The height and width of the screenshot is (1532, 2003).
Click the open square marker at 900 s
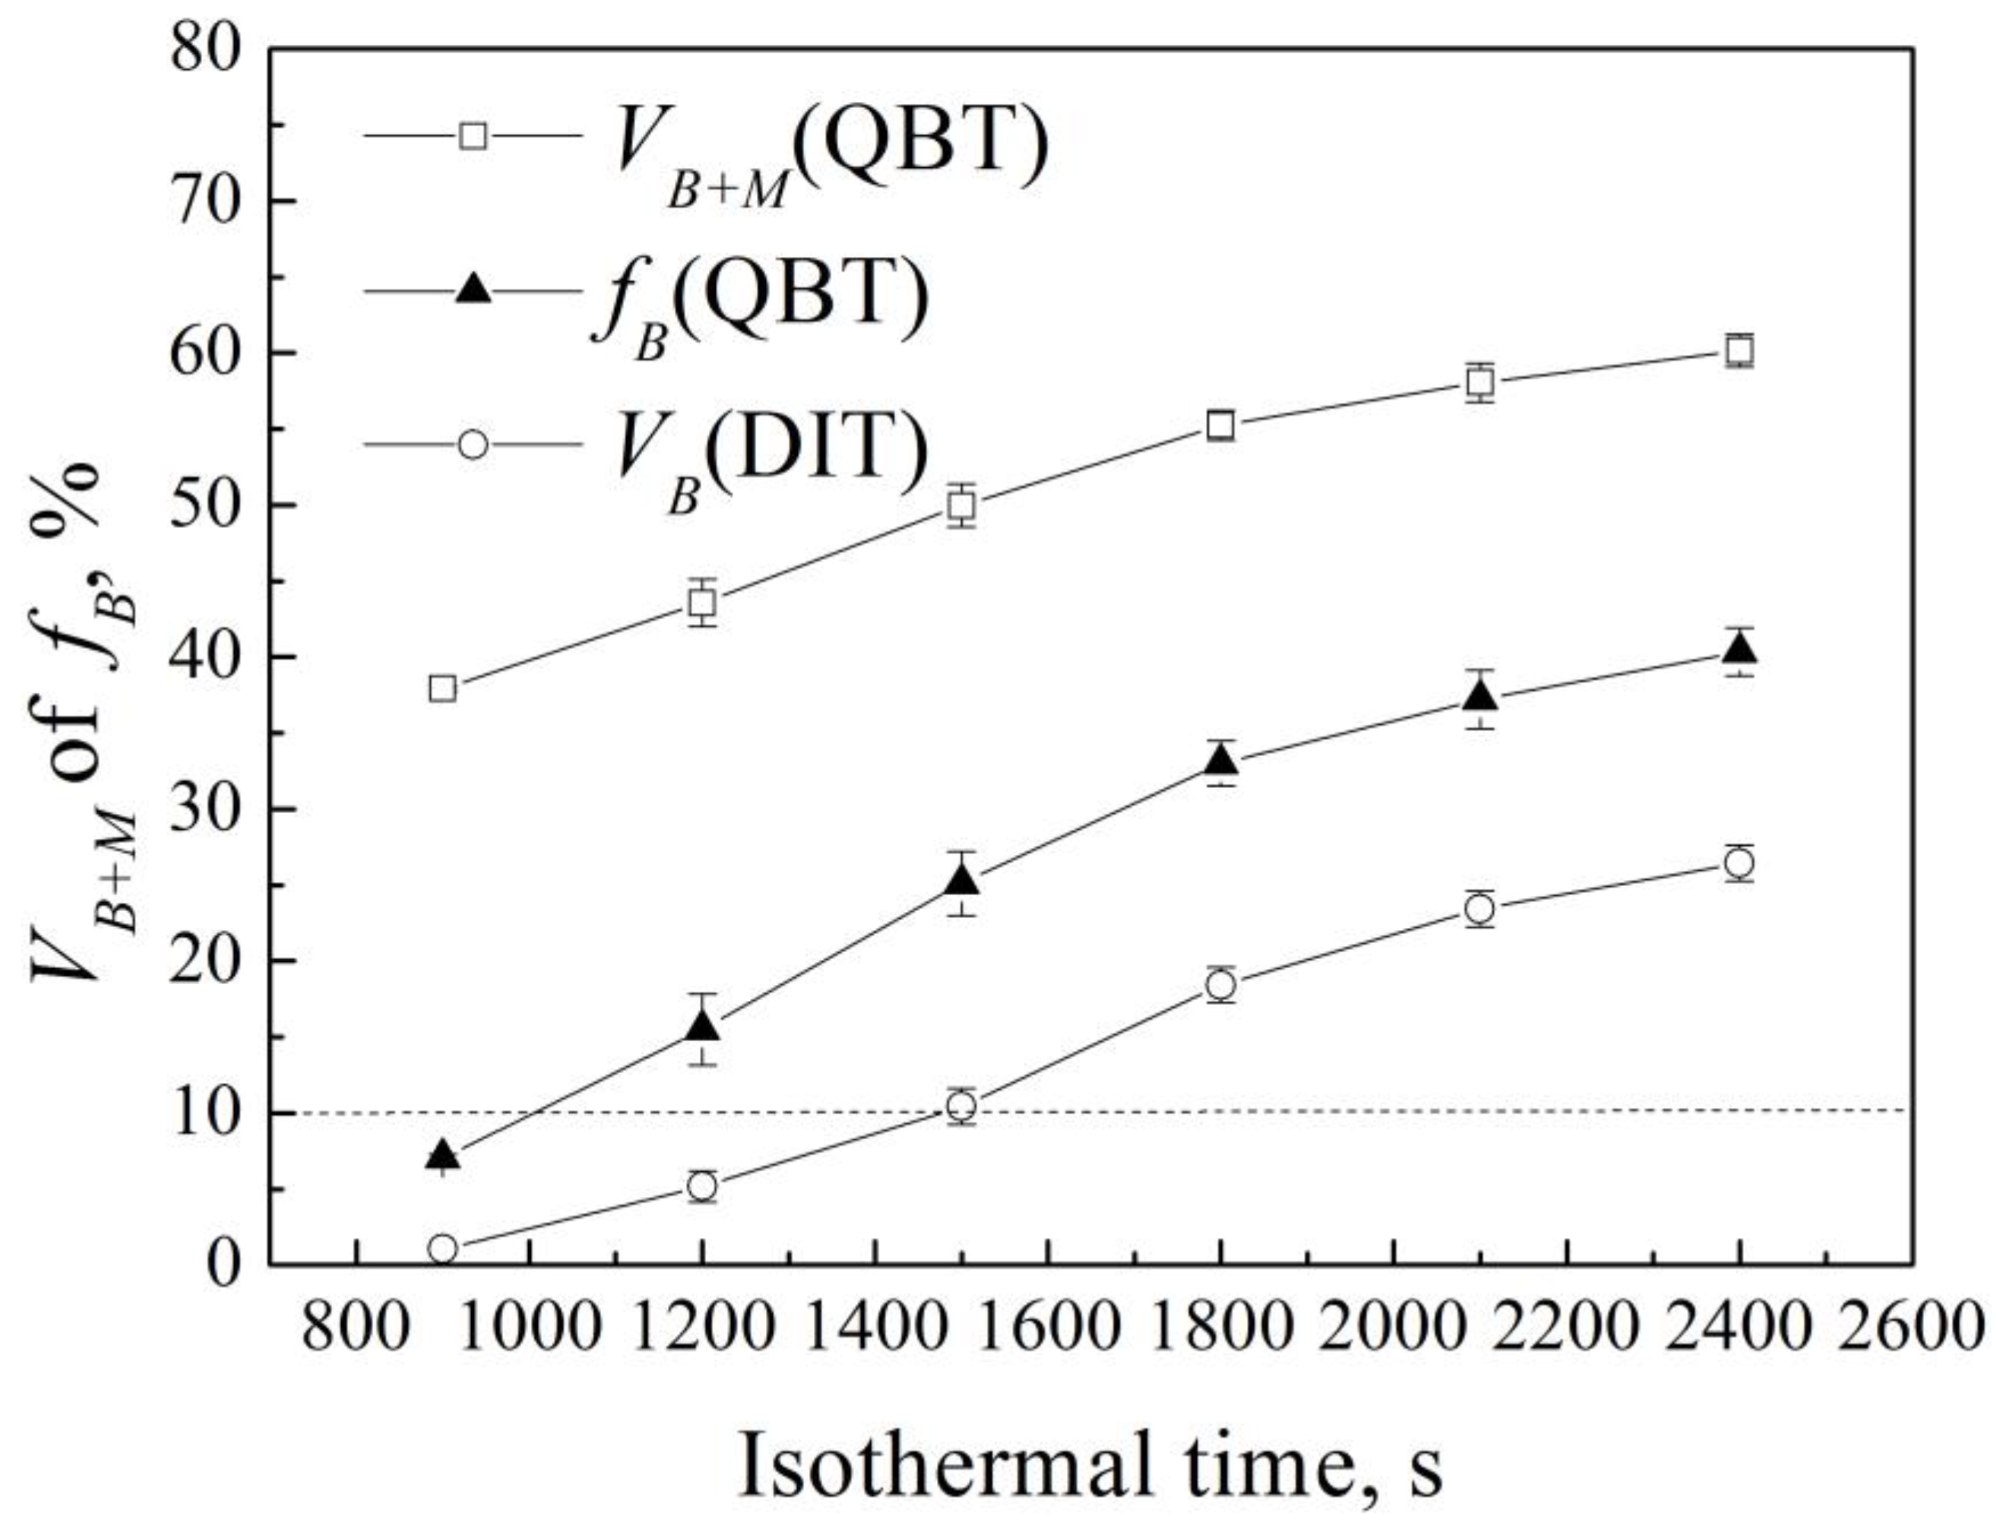pyautogui.click(x=442, y=688)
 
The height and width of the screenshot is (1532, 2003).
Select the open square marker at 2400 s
pyautogui.click(x=1739, y=350)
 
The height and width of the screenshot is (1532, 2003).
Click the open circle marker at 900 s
pyautogui.click(x=442, y=1249)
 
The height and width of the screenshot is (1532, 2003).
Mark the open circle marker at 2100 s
pyautogui.click(x=1479, y=909)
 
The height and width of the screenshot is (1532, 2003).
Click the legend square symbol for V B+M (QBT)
pyautogui.click(x=473, y=136)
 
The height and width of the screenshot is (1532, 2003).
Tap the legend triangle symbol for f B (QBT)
pyautogui.click(x=473, y=290)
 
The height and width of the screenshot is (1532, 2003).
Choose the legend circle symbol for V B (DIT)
pyautogui.click(x=473, y=445)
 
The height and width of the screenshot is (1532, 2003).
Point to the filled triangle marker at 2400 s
pyautogui.click(x=1739, y=648)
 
